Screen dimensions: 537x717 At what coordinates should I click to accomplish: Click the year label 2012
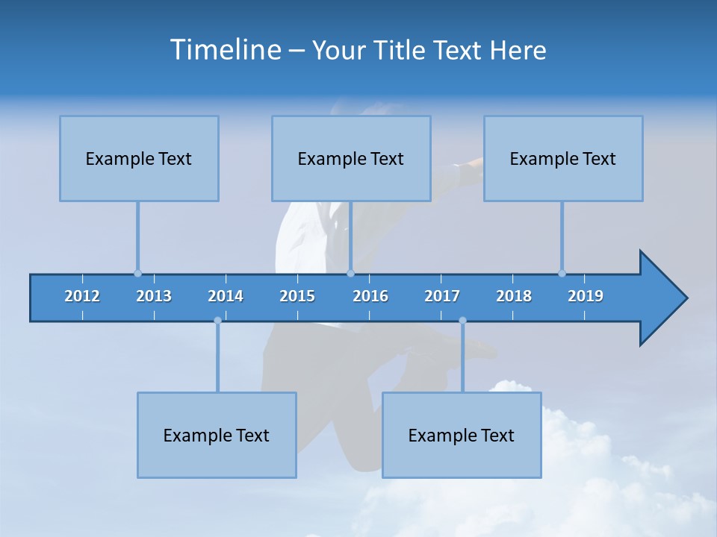(82, 296)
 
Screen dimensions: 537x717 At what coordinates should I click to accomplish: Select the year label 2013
(154, 296)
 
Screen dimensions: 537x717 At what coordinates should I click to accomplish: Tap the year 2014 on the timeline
(226, 296)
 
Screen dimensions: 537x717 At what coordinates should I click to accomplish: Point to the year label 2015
(297, 296)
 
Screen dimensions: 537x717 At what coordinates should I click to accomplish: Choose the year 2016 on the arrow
(370, 296)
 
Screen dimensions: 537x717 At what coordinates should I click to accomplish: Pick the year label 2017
(442, 296)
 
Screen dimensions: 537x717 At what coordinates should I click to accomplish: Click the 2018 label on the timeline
(514, 296)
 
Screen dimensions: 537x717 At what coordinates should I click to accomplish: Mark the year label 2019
(586, 296)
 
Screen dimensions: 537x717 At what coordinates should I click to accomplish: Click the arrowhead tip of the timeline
(685, 298)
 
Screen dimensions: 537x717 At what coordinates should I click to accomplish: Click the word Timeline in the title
(224, 50)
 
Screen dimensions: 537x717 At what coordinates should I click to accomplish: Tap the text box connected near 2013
(139, 158)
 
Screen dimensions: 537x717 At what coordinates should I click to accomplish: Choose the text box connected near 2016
(351, 158)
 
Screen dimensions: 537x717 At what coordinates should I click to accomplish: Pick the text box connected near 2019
(563, 158)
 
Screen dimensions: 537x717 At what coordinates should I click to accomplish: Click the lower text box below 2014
(217, 435)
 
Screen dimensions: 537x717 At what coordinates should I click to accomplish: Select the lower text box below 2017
(462, 435)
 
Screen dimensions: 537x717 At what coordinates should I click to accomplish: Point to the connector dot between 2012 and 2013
(137, 273)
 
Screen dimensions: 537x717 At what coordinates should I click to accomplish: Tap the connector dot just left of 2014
(217, 321)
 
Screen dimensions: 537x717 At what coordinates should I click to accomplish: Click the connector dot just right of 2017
(462, 321)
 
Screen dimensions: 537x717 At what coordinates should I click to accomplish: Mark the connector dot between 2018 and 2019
(562, 273)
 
